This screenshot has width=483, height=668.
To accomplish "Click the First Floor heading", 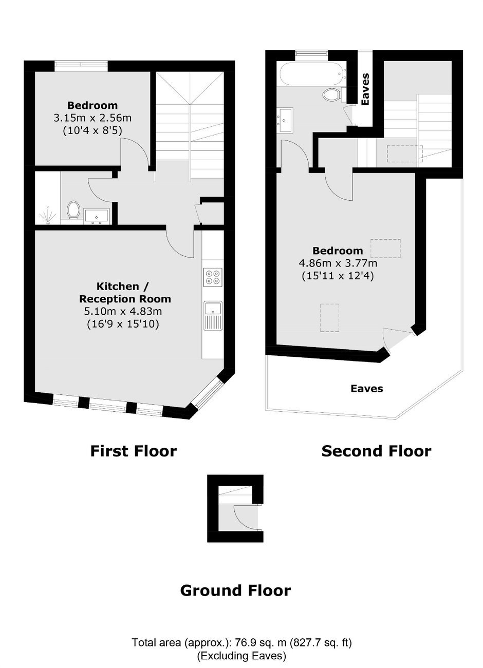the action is tap(134, 451).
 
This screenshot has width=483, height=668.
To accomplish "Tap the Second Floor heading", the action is tap(376, 451).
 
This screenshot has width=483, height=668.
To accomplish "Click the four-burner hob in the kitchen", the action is tap(213, 277).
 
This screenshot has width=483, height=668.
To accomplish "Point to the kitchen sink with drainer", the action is tap(213, 316).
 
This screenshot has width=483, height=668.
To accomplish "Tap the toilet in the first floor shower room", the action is tap(73, 210).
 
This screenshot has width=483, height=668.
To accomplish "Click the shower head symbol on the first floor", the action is tap(47, 215).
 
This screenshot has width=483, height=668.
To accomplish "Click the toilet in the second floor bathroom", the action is tap(334, 94).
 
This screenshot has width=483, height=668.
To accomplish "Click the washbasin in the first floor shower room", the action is tap(97, 216).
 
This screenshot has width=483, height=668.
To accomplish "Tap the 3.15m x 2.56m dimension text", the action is tap(92, 118).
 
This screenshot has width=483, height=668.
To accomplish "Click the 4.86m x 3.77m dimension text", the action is tap(338, 263).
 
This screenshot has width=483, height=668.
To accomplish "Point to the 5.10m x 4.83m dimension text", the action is tap(123, 311).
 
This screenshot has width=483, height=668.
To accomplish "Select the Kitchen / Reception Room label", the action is tap(125, 293).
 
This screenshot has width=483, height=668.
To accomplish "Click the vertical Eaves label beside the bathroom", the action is tap(366, 89).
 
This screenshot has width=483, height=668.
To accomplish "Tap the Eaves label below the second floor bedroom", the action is tap(367, 389).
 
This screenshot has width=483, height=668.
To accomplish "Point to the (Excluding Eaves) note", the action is tap(242, 656).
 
